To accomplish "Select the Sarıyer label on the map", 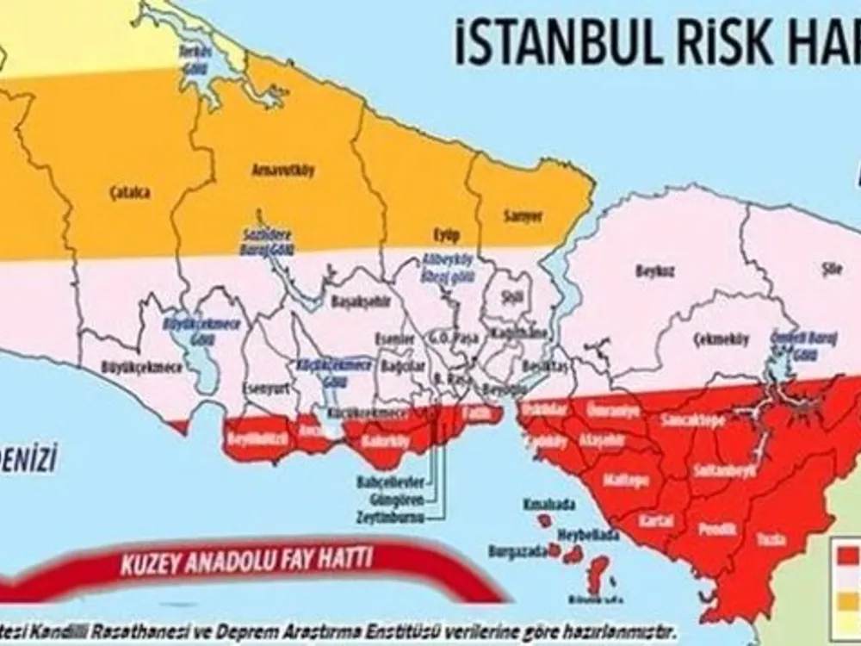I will click(x=522, y=217).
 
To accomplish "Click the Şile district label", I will click(x=824, y=267).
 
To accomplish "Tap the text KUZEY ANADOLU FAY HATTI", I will click(x=245, y=562).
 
